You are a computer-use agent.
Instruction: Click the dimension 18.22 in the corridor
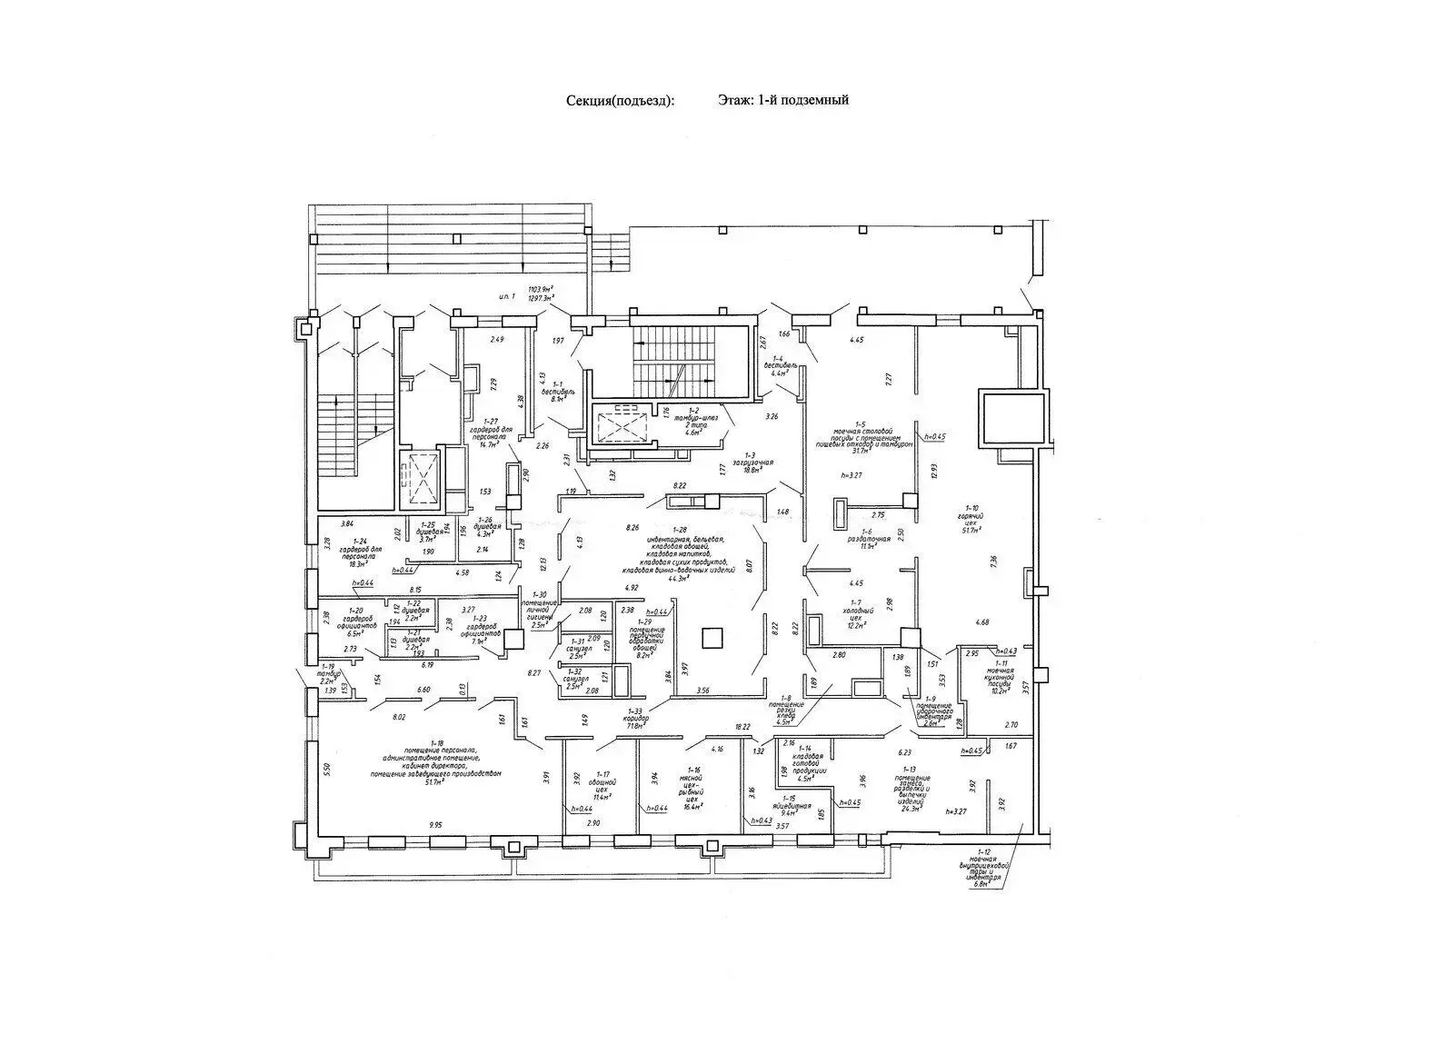(x=742, y=726)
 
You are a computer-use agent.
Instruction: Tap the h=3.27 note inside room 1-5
(x=850, y=474)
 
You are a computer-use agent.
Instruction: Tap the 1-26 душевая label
(x=488, y=529)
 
